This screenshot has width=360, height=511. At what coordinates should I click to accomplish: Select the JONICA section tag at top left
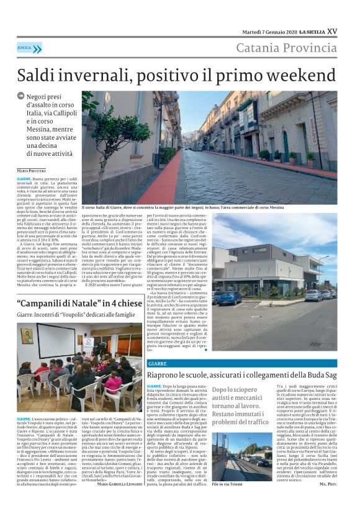(x=29, y=48)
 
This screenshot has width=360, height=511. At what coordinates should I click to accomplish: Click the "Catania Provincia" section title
(x=286, y=48)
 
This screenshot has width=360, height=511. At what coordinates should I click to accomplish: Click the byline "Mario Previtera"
(x=30, y=170)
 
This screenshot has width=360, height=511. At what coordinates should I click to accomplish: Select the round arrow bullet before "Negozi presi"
(x=21, y=96)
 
